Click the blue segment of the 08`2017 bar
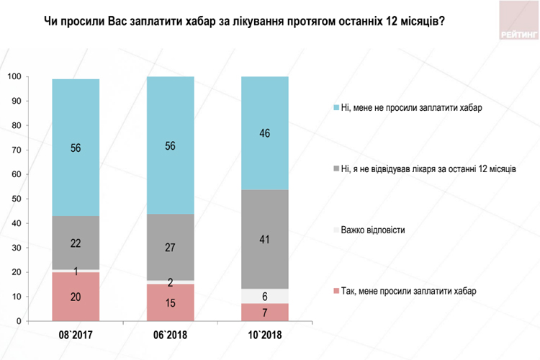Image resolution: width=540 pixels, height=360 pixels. (x=76, y=148)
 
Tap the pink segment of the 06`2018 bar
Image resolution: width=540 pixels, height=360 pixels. (x=170, y=302)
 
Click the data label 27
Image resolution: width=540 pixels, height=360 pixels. (x=170, y=247)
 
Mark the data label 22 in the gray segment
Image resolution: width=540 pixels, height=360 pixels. (x=76, y=243)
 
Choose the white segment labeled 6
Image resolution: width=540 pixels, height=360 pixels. (x=264, y=296)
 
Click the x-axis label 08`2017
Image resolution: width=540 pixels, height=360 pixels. (x=76, y=336)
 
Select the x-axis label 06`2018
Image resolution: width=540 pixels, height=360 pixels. (x=170, y=336)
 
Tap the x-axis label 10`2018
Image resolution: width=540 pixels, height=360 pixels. (x=264, y=336)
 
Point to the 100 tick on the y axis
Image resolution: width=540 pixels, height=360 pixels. (x=14, y=76)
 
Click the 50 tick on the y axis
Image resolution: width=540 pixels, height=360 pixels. (x=16, y=199)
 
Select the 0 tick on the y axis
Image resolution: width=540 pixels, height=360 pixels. (x=18, y=321)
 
